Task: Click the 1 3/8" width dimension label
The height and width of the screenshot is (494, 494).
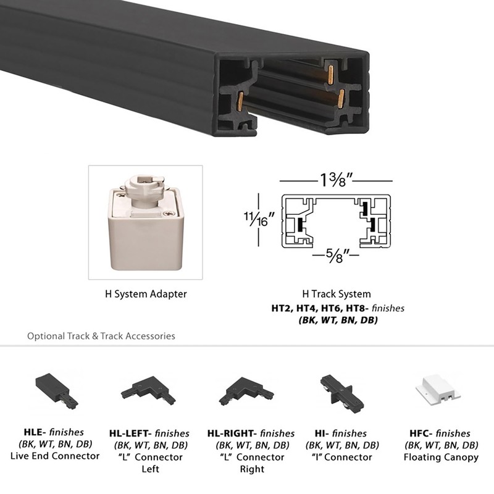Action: tap(336, 182)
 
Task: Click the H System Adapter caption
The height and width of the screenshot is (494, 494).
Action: tap(146, 294)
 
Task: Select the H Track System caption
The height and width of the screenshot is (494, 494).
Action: tap(337, 295)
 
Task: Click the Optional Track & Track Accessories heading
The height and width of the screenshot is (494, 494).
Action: tap(101, 337)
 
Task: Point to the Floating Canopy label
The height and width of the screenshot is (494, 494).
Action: tap(441, 458)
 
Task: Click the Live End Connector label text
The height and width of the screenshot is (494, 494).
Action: tap(55, 456)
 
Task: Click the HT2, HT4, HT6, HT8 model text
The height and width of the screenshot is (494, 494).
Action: tap(315, 308)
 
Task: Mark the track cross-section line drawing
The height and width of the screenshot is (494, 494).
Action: tap(337, 221)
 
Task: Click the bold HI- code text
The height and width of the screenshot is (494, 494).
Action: tap(325, 433)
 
